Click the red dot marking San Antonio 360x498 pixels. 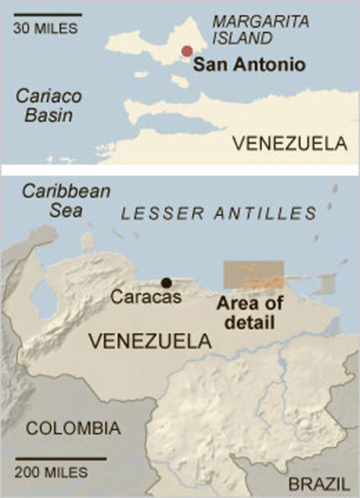(x=187, y=51)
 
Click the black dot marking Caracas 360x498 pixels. (x=167, y=283)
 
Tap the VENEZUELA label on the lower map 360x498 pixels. (x=149, y=342)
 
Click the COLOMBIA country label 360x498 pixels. (x=73, y=429)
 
